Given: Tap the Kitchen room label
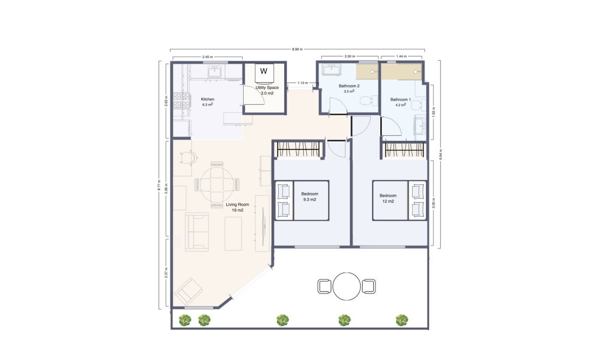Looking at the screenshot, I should pos(207,99).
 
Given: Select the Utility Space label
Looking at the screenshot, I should pos(267,88).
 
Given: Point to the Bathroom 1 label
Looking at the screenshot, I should pos(400,99).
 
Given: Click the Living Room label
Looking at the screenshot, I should pos(237,204).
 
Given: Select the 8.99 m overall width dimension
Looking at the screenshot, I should pos(297,49).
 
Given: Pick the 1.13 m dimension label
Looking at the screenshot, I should pos(302,82).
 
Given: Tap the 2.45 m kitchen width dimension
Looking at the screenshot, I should pos(207,57).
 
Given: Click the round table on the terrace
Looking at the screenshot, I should pos(347,286).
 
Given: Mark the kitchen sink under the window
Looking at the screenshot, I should pos(215,71).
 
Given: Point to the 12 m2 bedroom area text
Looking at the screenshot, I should pos(387,201).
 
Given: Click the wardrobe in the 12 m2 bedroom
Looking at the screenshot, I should pos(405,151).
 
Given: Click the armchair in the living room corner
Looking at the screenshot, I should pos(188,292).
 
